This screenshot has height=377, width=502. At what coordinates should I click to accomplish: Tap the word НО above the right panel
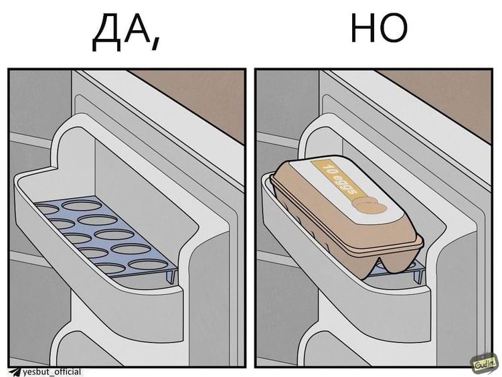click(379, 30)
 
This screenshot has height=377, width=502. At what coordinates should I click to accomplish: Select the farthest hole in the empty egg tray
click(49, 210)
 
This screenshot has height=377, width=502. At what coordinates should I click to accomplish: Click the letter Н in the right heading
click(364, 30)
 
